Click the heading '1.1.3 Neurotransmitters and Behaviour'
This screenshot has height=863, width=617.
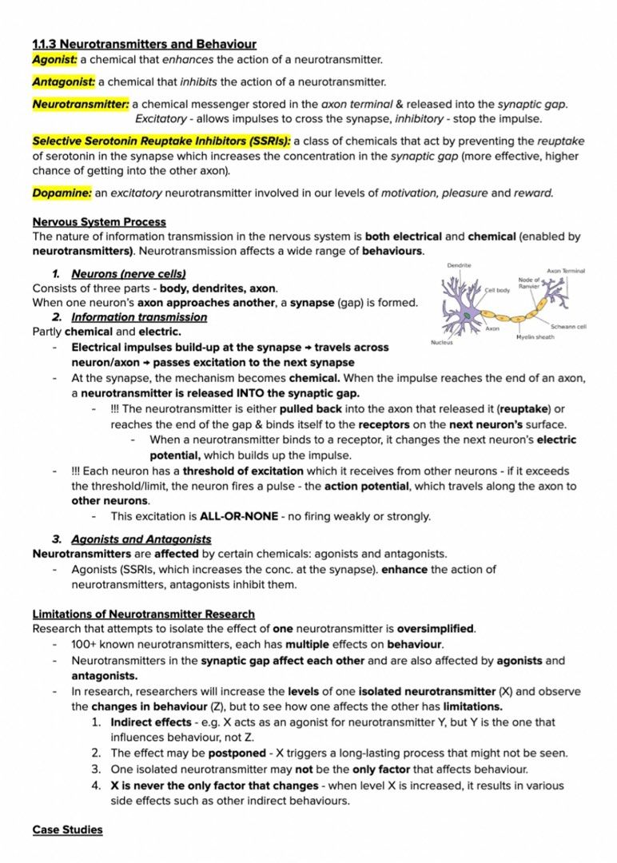144,44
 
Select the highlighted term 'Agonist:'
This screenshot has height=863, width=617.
54,60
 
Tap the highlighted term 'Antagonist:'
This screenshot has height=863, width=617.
63,82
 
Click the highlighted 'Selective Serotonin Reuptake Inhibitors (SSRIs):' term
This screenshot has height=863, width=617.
161,141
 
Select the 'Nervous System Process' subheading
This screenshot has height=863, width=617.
99,222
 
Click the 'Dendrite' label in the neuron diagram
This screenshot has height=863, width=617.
459,265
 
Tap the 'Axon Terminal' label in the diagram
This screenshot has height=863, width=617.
566,271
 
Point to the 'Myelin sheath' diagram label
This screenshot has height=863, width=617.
535,337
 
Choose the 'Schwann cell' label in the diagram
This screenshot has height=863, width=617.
568,326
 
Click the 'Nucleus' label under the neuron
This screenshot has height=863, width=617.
442,342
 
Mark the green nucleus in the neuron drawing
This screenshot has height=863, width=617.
467,317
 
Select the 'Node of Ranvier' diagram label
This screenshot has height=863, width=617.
529,282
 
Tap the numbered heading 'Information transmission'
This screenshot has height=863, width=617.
139,317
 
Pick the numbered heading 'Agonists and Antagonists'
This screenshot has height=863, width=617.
141,539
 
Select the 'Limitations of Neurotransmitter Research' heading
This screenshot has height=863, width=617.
144,614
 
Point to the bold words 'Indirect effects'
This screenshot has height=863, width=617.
151,722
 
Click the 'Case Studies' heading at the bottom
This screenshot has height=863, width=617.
67,830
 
